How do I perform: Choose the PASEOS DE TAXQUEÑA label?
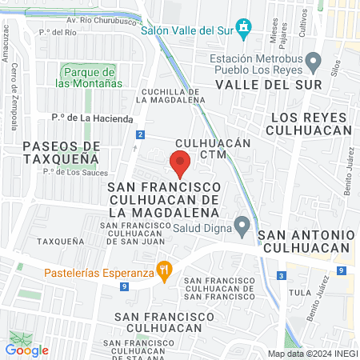[x=62, y=152]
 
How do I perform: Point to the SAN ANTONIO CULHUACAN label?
[x=306, y=241]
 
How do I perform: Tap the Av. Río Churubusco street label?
[x=101, y=18]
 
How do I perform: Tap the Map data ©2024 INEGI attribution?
[x=311, y=353]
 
